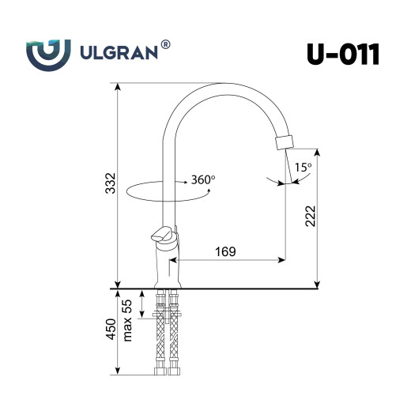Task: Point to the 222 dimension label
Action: point(311,216)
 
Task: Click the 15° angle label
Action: point(302,168)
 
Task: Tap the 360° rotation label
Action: point(202,180)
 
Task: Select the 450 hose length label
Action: point(110,328)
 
